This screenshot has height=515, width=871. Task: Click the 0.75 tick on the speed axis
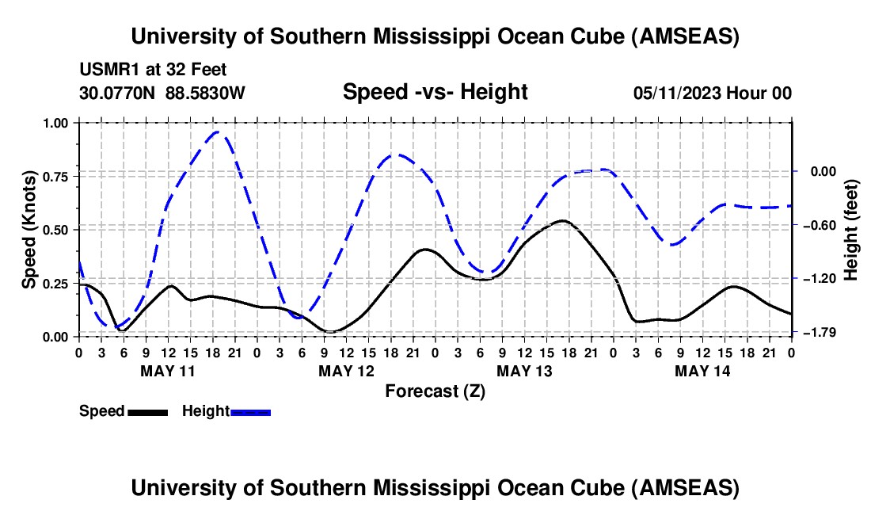(x=58, y=176)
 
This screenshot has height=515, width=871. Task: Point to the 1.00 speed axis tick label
(x=58, y=123)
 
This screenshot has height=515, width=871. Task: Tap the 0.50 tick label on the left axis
(x=58, y=230)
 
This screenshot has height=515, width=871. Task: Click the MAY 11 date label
(x=167, y=370)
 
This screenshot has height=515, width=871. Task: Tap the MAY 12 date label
(x=346, y=370)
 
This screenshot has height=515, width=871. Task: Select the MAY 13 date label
(x=524, y=370)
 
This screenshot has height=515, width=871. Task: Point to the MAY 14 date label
(x=702, y=370)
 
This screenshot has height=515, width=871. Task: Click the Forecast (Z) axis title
(x=435, y=391)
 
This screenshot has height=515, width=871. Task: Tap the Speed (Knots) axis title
(x=29, y=229)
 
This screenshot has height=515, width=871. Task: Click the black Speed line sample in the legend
(x=146, y=412)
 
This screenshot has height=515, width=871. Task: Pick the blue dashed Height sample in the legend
(x=250, y=412)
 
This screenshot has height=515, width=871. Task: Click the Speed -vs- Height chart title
(x=435, y=92)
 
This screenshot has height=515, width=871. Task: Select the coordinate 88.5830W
(x=205, y=93)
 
